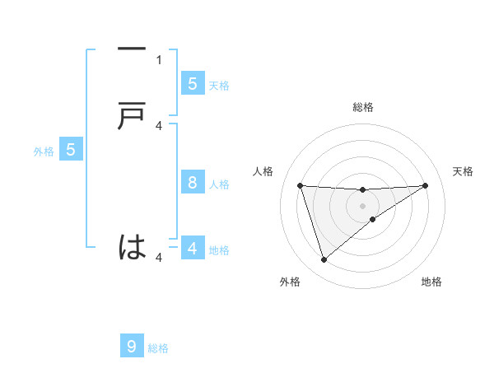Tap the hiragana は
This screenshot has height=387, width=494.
[x=132, y=246]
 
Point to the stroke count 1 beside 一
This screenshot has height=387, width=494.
[x=159, y=59]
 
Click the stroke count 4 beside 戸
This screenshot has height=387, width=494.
[x=159, y=125]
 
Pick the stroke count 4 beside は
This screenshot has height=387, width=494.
[x=159, y=258]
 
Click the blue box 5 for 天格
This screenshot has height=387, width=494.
[x=193, y=83]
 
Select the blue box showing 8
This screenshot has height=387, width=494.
[x=193, y=183]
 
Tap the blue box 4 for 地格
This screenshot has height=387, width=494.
[x=193, y=248]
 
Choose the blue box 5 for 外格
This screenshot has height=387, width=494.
[x=71, y=150]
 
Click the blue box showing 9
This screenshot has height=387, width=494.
[x=132, y=346]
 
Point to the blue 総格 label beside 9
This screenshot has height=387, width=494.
[x=158, y=348]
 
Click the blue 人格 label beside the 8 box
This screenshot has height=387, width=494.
[x=219, y=184]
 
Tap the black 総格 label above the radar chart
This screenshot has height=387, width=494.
[x=362, y=107]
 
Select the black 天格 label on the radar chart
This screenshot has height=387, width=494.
[x=464, y=171]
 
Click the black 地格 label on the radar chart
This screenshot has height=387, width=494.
[x=431, y=282]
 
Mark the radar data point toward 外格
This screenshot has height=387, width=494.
[x=324, y=260]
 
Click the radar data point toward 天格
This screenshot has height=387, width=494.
[x=425, y=185]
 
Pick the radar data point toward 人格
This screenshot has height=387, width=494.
[x=301, y=185]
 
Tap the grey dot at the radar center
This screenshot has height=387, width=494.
[x=362, y=205]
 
